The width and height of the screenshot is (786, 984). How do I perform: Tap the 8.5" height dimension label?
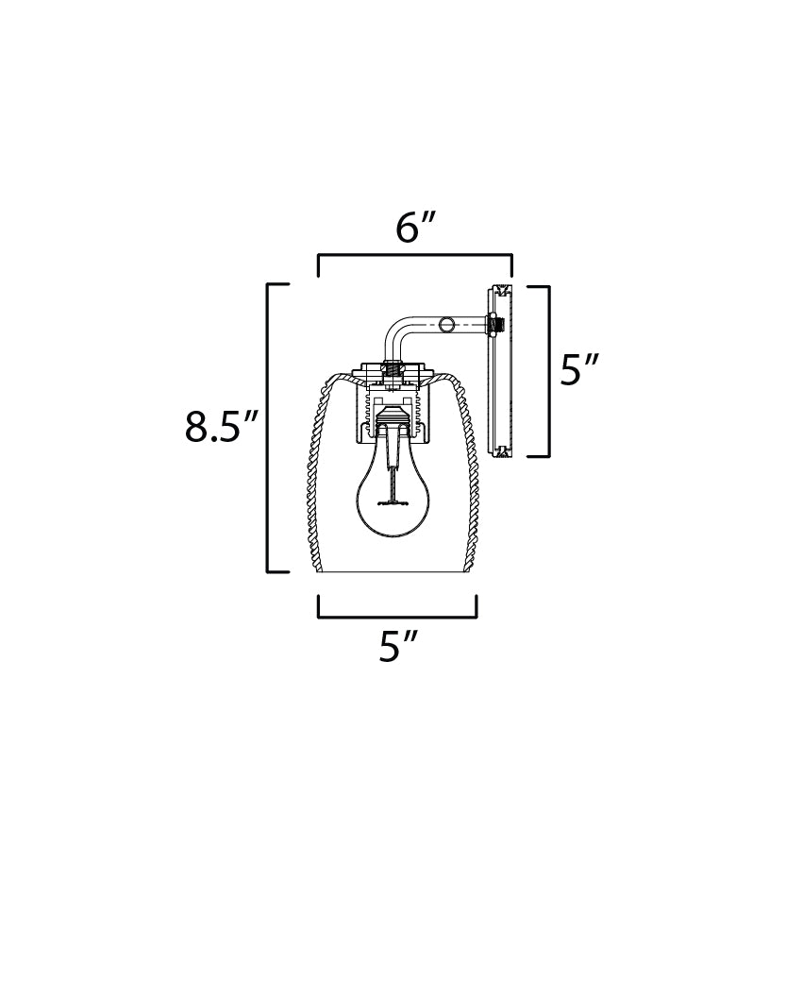[221, 427]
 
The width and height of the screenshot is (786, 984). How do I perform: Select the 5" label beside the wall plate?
[579, 369]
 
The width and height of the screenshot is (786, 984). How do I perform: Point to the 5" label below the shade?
[397, 646]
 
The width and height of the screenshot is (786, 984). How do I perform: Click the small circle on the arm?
[447, 325]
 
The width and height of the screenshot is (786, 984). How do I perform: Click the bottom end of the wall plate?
[500, 451]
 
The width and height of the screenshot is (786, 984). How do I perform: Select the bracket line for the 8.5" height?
[269, 427]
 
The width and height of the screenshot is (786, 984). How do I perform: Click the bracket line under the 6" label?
[415, 255]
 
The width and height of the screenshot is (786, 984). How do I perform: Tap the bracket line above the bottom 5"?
[397, 617]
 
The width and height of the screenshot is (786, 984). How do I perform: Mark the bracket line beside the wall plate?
[547, 370]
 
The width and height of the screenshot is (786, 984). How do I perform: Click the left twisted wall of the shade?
[312, 472]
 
